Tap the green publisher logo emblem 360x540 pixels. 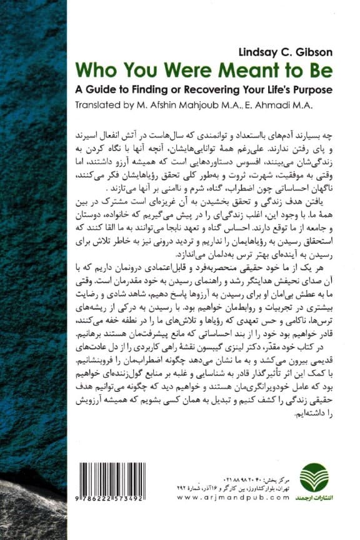coord(313,477)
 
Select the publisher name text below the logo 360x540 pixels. coord(313,497)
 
